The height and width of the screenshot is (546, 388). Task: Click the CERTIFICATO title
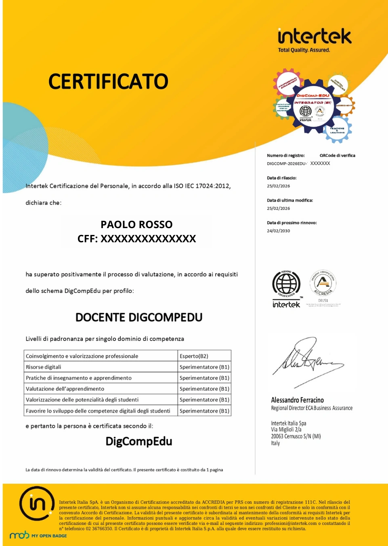108,81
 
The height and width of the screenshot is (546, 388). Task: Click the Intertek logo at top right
315,36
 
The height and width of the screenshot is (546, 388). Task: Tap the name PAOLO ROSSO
136,224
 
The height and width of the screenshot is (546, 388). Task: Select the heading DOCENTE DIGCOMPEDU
139,317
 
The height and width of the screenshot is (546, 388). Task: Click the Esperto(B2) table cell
194,356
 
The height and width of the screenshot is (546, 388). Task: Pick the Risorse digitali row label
44,367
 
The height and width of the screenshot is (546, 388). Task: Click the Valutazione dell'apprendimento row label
65,389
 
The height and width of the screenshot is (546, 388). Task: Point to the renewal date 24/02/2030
279,231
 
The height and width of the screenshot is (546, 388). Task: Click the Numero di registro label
286,155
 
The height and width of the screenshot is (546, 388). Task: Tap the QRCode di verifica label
338,155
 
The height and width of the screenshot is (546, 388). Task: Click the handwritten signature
307,360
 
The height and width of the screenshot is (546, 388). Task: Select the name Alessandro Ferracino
298,400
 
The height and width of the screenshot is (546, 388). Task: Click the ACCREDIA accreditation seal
323,283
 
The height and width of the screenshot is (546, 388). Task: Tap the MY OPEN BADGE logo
38,535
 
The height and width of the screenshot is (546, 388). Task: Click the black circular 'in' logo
37,504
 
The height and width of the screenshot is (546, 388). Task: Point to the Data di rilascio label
282,178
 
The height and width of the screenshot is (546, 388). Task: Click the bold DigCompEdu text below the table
139,441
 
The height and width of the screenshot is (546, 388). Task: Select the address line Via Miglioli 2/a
286,430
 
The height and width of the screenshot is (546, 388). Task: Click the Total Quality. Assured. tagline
304,50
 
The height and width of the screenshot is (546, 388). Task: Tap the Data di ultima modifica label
290,200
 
